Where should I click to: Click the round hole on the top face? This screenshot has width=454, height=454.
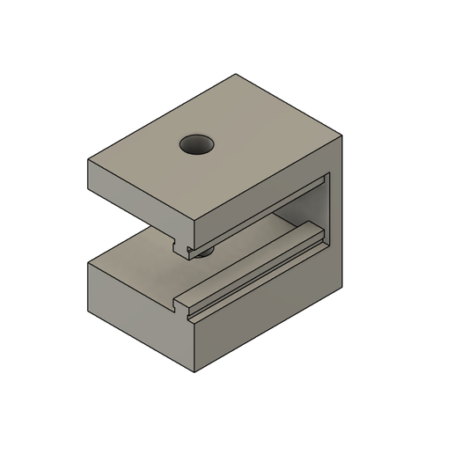point(197,144)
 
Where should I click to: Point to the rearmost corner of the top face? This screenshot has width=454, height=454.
point(236,75)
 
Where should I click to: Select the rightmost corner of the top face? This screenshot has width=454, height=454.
point(341,137)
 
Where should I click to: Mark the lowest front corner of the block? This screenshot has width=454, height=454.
point(193,371)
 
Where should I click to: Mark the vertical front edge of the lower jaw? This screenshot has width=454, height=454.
point(193,343)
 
